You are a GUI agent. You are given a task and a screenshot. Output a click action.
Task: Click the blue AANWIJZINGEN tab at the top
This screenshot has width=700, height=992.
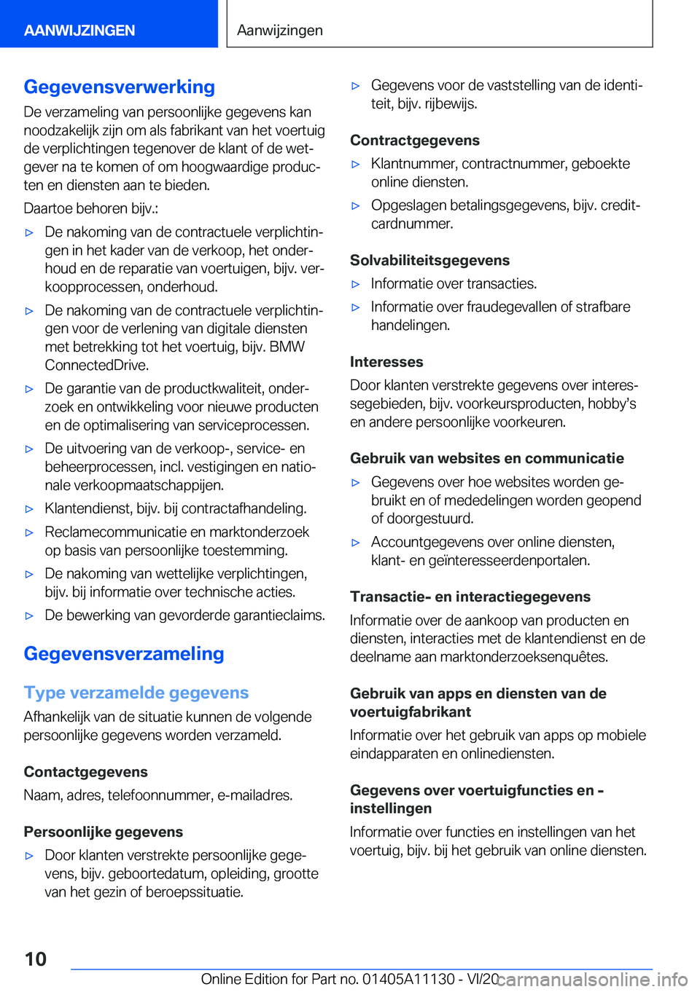pyautogui.click(x=79, y=31)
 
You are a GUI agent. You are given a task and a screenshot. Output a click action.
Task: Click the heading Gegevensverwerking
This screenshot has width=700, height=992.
pyautogui.click(x=120, y=87)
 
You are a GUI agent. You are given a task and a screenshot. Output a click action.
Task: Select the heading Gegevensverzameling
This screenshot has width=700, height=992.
pyautogui.click(x=124, y=653)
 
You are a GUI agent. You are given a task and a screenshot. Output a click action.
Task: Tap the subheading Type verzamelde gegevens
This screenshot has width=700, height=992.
pyautogui.click(x=136, y=693)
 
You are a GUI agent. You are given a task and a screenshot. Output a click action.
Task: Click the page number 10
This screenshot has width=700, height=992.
pyautogui.click(x=35, y=959)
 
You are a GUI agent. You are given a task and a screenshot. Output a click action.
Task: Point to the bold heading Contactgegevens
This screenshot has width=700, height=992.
pyautogui.click(x=85, y=772)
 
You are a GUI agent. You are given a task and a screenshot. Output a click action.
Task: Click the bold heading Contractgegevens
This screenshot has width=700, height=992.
pyautogui.click(x=415, y=141)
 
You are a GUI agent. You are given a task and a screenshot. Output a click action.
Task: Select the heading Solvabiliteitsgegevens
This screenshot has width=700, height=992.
pyautogui.click(x=429, y=260)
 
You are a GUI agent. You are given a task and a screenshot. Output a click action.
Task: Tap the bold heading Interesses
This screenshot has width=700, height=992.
pyautogui.click(x=386, y=362)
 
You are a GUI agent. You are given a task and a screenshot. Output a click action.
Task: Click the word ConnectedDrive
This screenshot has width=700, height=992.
pyautogui.click(x=96, y=365)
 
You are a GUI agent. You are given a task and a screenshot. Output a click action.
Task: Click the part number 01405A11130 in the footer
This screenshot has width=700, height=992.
pyautogui.click(x=408, y=980)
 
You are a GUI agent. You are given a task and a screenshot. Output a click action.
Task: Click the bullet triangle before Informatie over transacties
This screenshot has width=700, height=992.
pyautogui.click(x=356, y=285)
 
